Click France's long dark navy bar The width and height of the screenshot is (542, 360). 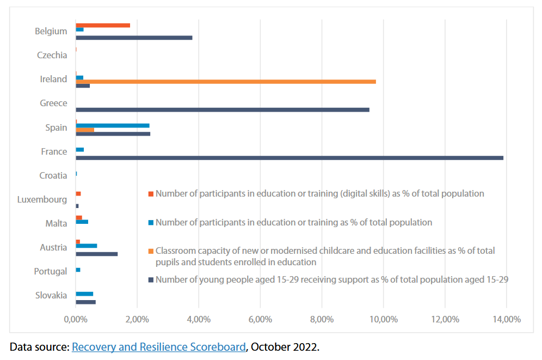[x=289, y=158]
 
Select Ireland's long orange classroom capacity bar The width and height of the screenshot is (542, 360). [x=225, y=82]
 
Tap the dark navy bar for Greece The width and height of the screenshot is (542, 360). [x=222, y=109]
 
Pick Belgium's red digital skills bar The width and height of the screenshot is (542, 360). [x=102, y=25]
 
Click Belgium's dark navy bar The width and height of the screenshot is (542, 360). [x=134, y=38]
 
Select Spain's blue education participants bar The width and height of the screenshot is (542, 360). [x=112, y=125]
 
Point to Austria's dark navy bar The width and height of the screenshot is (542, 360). [x=96, y=254]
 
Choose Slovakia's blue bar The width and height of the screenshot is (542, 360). [x=84, y=294]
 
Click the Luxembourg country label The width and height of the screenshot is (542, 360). [x=42, y=199]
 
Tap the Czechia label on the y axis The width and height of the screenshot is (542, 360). [x=52, y=55]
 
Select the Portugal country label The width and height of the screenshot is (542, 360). [x=50, y=271]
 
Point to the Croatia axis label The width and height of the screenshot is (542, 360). [x=53, y=175]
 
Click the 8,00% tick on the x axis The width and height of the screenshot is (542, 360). [x=321, y=320]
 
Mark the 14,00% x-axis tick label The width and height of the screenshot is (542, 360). [x=506, y=320]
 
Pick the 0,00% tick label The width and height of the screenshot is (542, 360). [x=76, y=320]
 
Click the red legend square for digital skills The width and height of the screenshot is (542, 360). [x=151, y=194]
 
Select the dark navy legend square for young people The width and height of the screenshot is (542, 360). [x=151, y=280]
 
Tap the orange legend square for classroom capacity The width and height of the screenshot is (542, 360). [x=151, y=251]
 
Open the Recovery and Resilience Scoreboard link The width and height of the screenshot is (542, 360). [x=158, y=346]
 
